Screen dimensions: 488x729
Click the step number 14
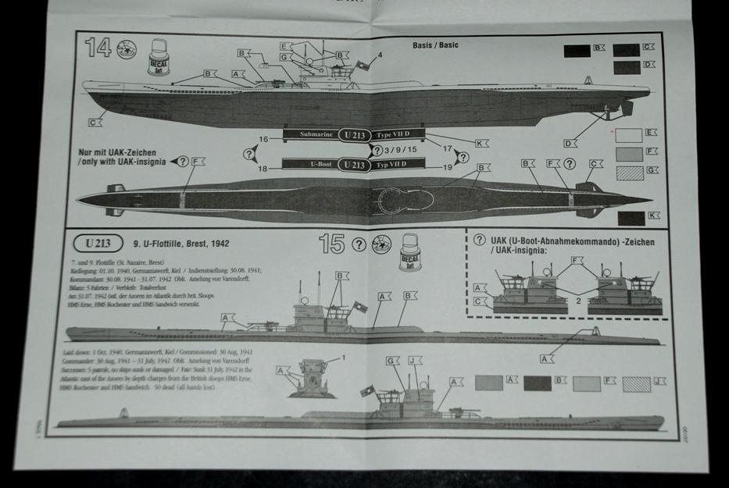coord(99,50)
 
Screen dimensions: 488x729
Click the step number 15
coord(332,244)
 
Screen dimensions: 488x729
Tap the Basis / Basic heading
coord(435,45)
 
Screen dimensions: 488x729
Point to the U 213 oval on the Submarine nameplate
coord(356,134)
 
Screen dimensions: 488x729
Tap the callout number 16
coord(263,139)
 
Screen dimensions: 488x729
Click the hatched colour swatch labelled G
coord(629,173)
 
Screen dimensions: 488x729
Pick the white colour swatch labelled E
coord(629,134)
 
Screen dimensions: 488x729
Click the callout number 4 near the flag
coord(379,55)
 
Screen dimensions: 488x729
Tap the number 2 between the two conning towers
coord(577,299)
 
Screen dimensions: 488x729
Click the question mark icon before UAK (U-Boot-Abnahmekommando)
coord(479,241)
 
